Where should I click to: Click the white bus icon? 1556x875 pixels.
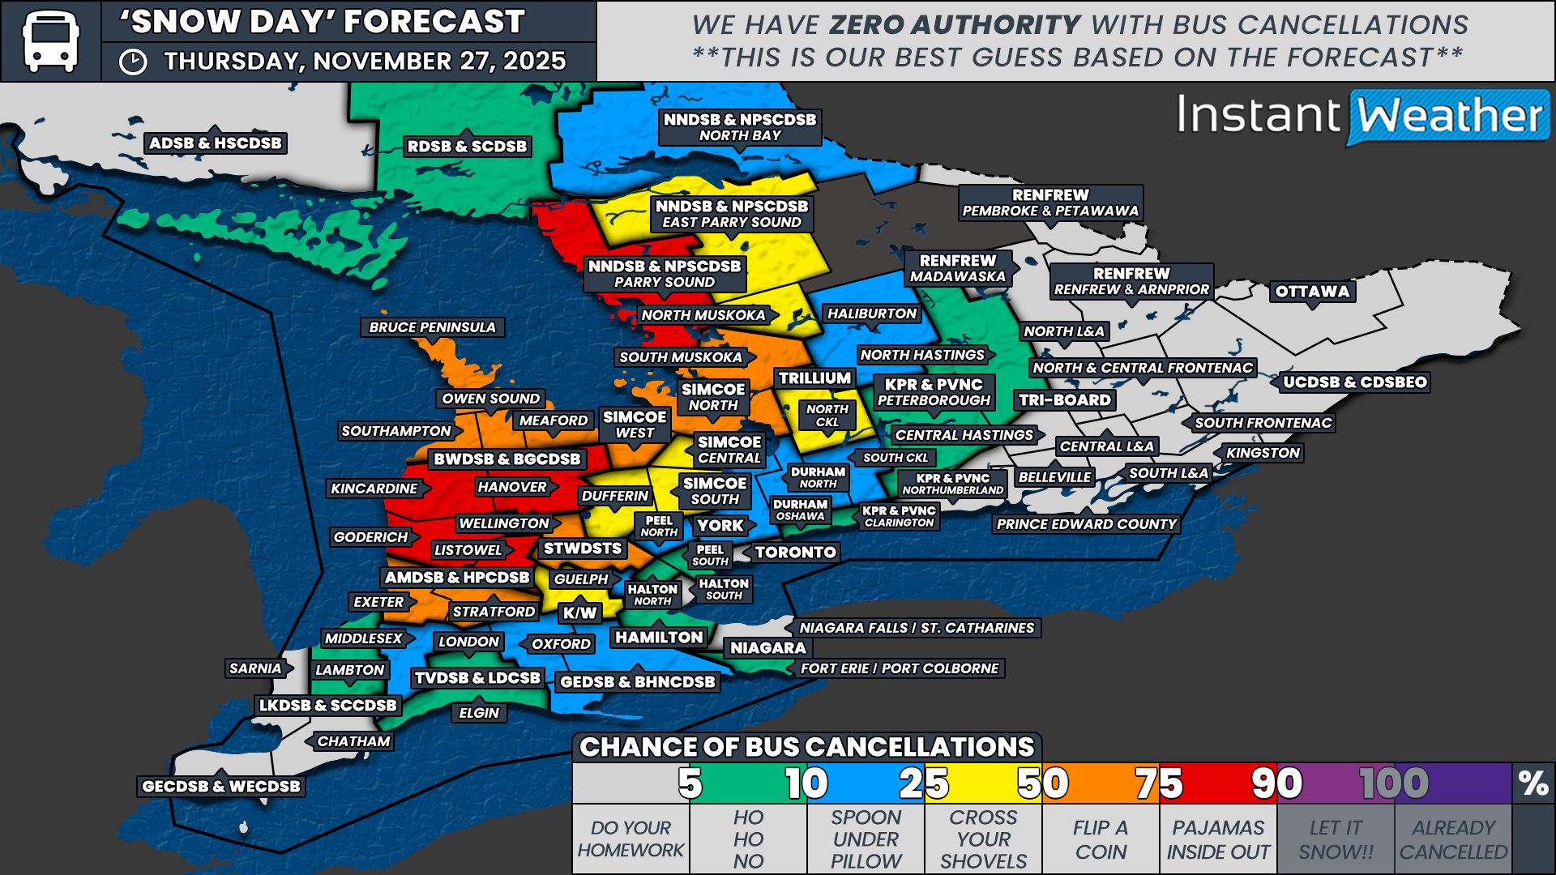(x=50, y=41)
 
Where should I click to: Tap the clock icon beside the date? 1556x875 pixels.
(x=133, y=62)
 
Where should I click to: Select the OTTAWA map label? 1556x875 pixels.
(x=1312, y=292)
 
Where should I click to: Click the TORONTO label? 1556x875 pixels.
(x=795, y=553)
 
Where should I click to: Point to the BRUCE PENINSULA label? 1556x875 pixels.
(x=432, y=327)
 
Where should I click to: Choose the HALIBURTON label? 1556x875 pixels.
(x=871, y=314)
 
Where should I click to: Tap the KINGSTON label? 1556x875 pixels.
(x=1263, y=453)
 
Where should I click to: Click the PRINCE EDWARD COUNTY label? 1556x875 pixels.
(x=1086, y=524)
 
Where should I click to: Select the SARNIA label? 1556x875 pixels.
(x=255, y=668)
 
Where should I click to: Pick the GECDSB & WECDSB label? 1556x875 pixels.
(x=220, y=786)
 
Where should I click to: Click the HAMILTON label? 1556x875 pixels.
(x=659, y=638)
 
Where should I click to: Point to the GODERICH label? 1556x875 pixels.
(x=371, y=537)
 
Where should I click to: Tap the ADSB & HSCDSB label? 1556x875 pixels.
(x=215, y=143)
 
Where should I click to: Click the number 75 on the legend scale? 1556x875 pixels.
(x=1158, y=783)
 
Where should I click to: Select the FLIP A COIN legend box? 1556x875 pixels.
(x=1101, y=839)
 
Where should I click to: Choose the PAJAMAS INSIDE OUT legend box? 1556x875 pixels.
(x=1218, y=839)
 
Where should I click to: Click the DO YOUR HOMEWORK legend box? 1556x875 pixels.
(x=631, y=839)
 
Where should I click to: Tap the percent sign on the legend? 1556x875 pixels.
(x=1532, y=783)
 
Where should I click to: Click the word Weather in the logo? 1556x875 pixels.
(x=1449, y=116)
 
